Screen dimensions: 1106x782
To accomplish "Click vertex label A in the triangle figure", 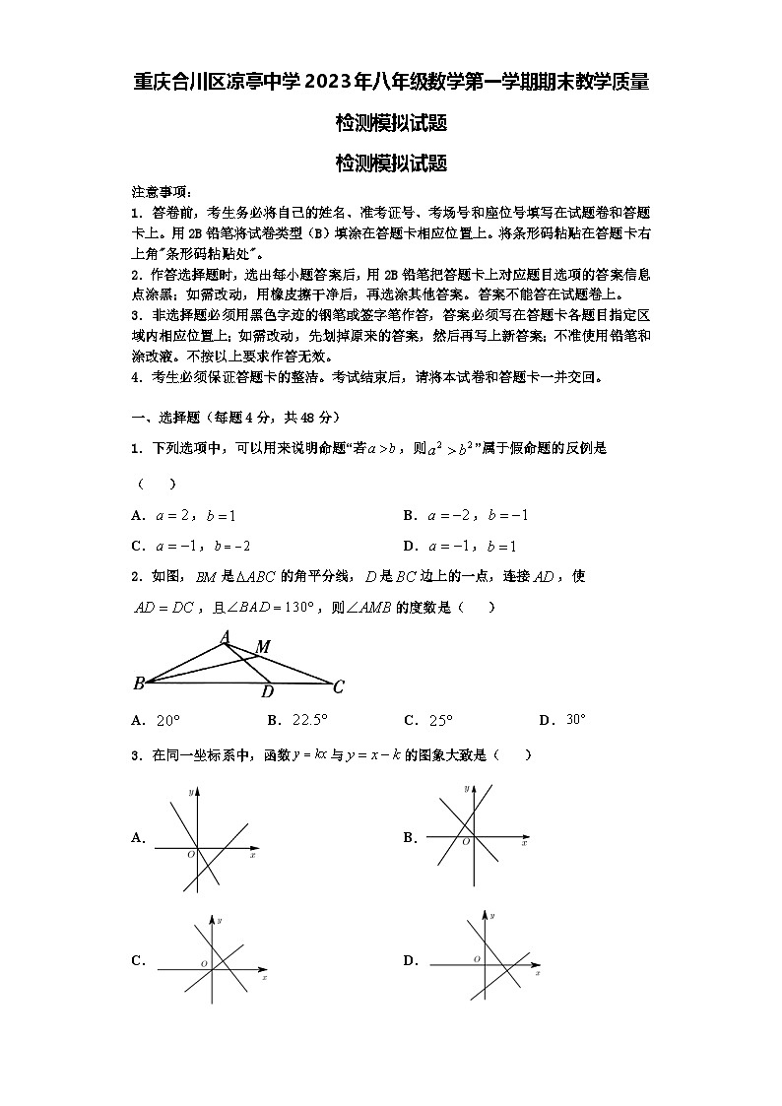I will pyautogui.click(x=225, y=637).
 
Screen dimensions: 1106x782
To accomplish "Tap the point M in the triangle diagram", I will pyautogui.click(x=263, y=647).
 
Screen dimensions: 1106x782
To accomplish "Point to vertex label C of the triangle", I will pyautogui.click(x=338, y=686).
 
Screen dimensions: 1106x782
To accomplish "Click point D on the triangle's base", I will pyautogui.click(x=267, y=692).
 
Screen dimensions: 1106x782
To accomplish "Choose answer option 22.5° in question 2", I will pyautogui.click(x=309, y=720).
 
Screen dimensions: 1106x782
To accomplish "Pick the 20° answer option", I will pyautogui.click(x=168, y=720).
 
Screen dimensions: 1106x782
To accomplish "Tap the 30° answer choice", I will pyautogui.click(x=575, y=720).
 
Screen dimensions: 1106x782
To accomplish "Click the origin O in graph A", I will pyautogui.click(x=191, y=854).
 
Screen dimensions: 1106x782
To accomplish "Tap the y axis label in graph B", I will pyautogui.click(x=478, y=789).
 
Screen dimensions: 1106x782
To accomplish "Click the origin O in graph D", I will pyautogui.click(x=477, y=959).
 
